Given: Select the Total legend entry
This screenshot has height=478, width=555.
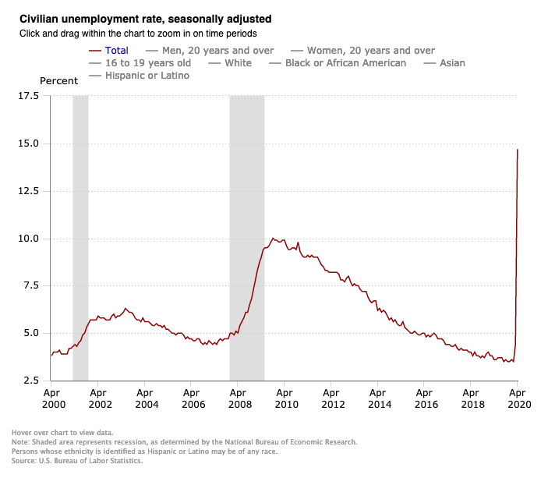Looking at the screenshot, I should (116, 50).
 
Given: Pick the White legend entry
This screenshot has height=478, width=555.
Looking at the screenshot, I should (238, 63).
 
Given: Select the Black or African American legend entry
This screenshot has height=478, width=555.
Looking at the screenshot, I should (345, 63).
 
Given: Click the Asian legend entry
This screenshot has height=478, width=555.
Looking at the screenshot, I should (452, 63).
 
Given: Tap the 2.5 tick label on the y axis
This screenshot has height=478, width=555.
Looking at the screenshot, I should (30, 381).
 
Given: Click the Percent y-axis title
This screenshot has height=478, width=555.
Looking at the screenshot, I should (58, 81).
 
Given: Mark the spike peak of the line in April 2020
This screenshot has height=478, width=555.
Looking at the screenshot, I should (518, 150).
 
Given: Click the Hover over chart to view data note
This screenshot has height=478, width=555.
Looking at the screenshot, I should (62, 432).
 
